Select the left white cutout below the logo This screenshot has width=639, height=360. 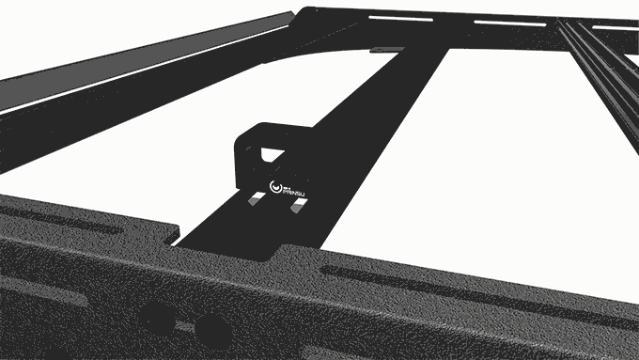tap(257, 200)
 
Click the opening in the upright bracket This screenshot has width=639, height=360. tap(273, 149)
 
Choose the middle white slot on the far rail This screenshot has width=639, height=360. tap(497, 23)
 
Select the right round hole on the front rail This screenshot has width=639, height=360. tap(213, 328)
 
